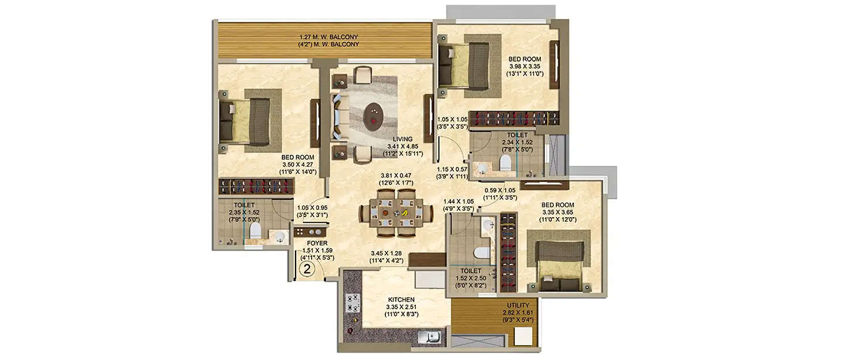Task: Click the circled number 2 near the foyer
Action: pos(308,268)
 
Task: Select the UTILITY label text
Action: pos(518,305)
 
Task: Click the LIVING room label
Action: pos(403,139)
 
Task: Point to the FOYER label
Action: pos(317,243)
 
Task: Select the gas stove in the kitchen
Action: pos(353,303)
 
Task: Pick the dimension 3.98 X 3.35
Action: pos(524,66)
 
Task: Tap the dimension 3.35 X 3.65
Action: pos(558,212)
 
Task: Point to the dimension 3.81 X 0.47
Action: pos(397,176)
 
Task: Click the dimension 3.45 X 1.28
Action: pos(386,253)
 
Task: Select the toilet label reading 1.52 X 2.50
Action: pos(471,277)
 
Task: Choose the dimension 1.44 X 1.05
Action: pos(458,202)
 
